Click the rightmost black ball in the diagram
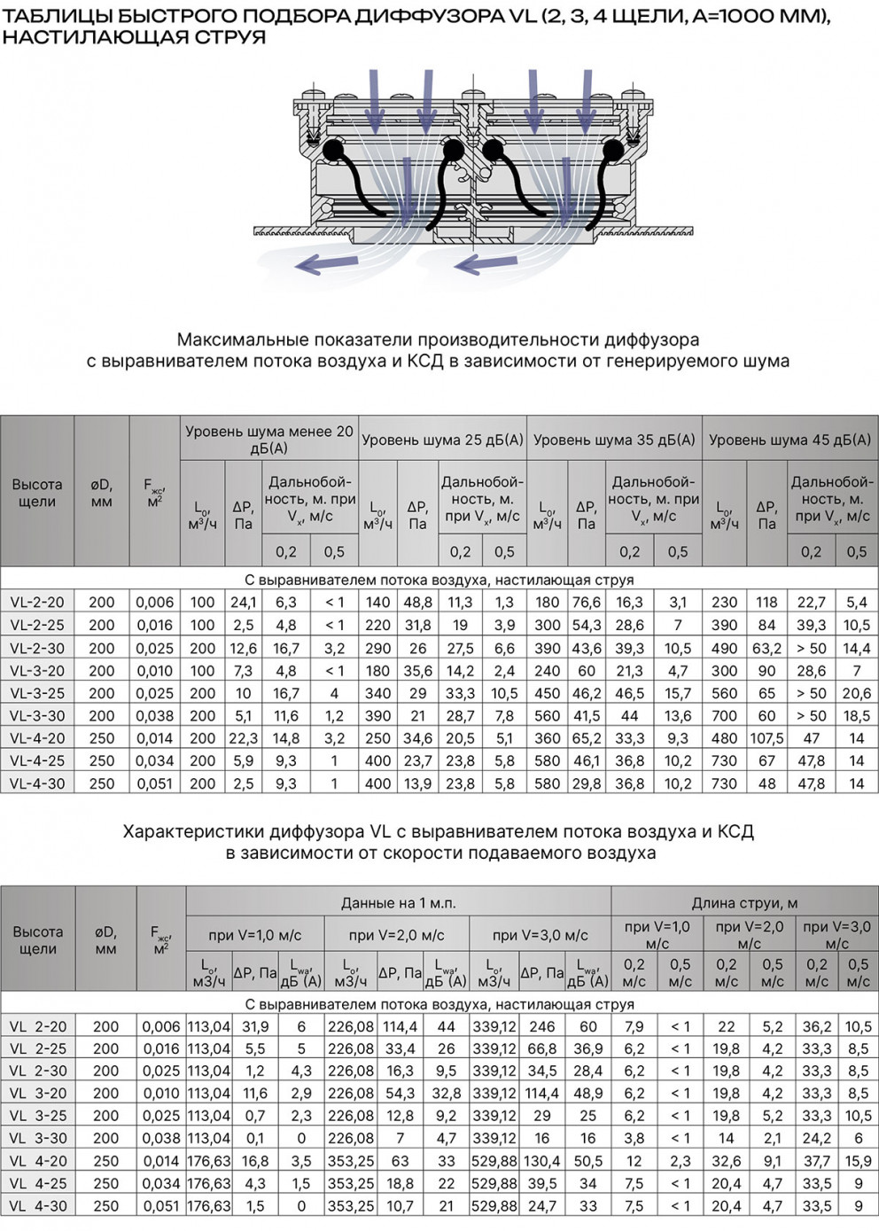[612, 151]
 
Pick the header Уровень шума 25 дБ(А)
[442, 439]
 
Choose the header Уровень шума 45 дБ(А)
[790, 439]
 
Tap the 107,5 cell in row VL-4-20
[767, 737]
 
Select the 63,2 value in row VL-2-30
[767, 648]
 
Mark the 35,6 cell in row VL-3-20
[417, 670]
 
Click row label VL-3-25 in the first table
[37, 693]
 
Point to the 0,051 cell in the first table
[155, 783]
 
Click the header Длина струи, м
[744, 902]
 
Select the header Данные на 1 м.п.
[398, 902]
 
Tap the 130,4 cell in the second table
[541, 1160]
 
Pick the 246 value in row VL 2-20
[541, 1026]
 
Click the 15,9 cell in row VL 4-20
[858, 1160]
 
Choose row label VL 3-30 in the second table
[38, 1138]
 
